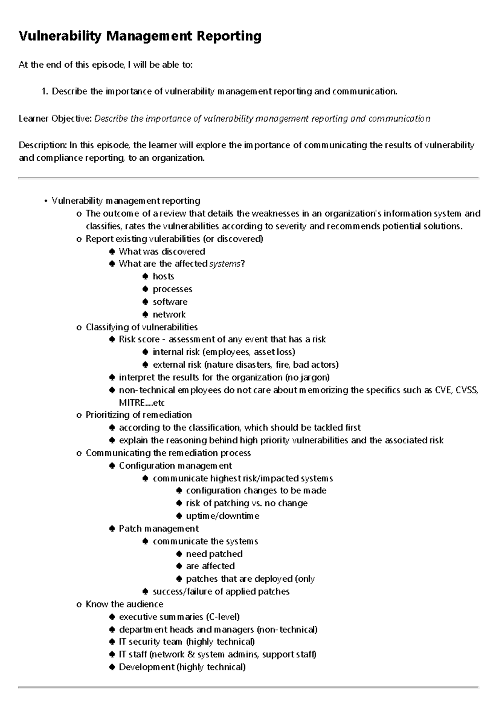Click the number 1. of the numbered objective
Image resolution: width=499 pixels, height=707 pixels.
tap(45, 91)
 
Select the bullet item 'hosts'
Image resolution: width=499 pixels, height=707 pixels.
tap(163, 276)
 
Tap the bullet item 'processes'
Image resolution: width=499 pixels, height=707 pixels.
tap(172, 289)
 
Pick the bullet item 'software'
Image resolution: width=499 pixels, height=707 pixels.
tap(170, 302)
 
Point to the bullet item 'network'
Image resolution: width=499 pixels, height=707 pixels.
tap(169, 314)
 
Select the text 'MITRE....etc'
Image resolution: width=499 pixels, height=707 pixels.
tap(142, 403)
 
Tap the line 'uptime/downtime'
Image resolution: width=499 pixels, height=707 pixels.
tap(222, 516)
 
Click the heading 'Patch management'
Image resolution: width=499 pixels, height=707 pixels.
tap(158, 528)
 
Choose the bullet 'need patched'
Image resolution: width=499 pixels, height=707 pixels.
tap(214, 554)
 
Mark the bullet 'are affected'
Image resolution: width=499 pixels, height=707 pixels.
tap(210, 566)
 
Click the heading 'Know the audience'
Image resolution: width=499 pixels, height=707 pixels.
tap(124, 604)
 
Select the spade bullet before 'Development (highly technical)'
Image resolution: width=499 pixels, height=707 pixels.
tap(112, 667)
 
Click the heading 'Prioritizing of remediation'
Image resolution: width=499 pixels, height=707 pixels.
tap(138, 415)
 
